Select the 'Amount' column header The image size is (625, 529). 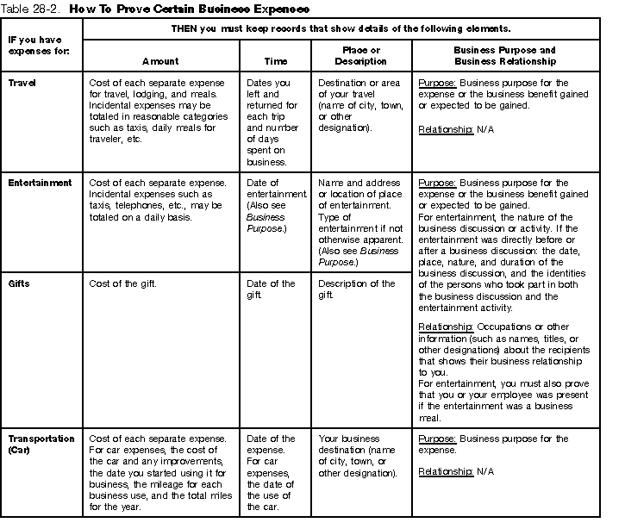click(159, 62)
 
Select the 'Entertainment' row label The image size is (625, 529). click(39, 183)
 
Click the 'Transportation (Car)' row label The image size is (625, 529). click(41, 444)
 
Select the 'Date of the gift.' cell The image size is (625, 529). click(271, 289)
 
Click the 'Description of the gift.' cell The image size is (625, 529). click(356, 289)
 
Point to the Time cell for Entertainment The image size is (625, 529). click(276, 200)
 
